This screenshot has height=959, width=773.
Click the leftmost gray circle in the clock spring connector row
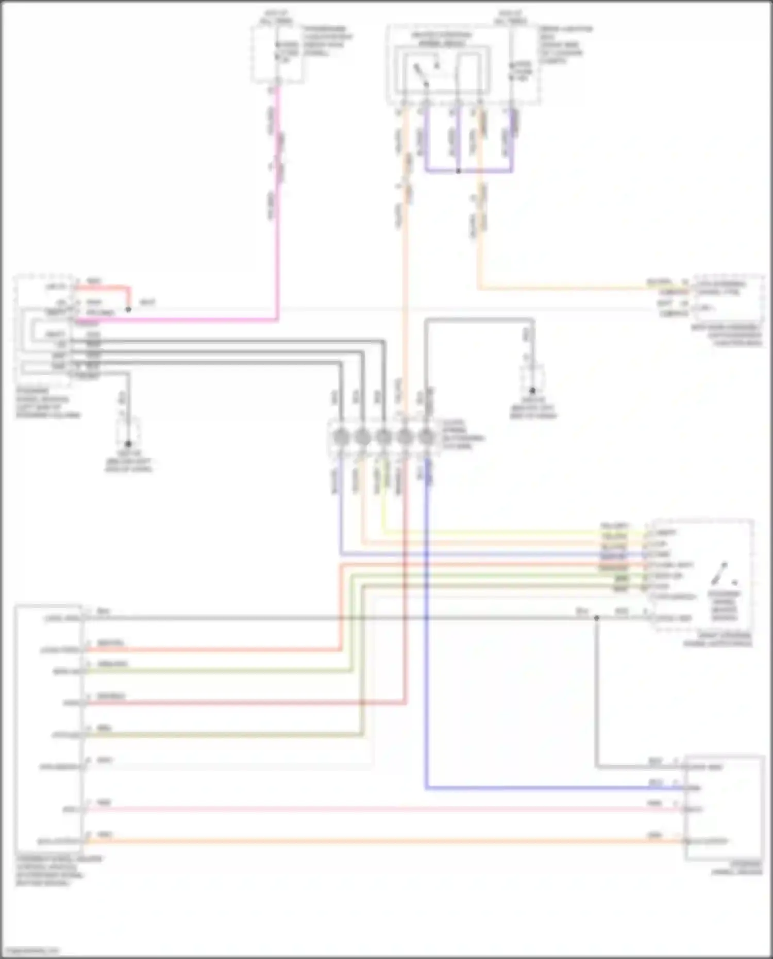pyautogui.click(x=341, y=438)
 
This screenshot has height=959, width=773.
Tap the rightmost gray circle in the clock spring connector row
pyautogui.click(x=426, y=438)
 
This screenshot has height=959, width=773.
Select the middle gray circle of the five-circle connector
pyautogui.click(x=383, y=438)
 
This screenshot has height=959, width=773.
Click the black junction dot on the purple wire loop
pyautogui.click(x=458, y=171)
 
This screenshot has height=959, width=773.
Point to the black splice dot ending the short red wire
pyautogui.click(x=128, y=310)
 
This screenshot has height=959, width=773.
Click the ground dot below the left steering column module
pyautogui.click(x=128, y=444)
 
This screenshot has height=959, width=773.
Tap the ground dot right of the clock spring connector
pyautogui.click(x=533, y=391)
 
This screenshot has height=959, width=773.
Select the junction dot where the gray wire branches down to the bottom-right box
pyautogui.click(x=596, y=617)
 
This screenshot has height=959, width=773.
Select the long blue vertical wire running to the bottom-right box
pyautogui.click(x=427, y=644)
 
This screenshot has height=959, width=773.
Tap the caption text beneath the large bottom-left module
pyautogui.click(x=52, y=870)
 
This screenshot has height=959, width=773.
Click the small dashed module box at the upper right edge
pyautogui.click(x=728, y=298)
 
